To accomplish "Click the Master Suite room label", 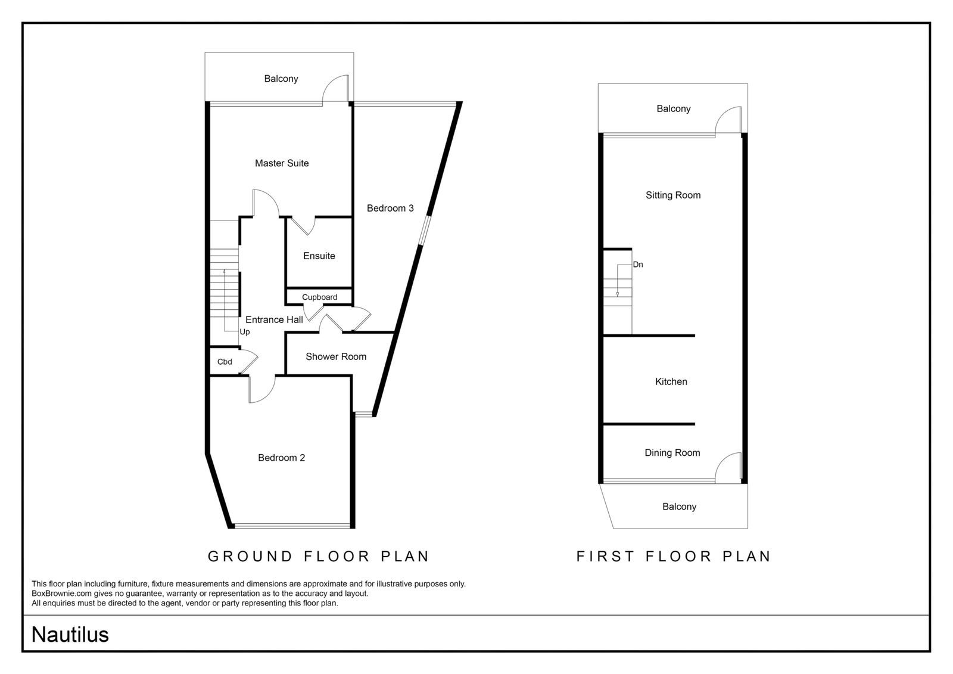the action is point(282,163).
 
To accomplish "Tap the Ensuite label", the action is point(319,256).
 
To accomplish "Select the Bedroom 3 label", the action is point(390,208).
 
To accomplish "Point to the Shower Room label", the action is point(336,357).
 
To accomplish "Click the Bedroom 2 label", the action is point(282,458).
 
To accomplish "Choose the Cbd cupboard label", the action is point(225,362).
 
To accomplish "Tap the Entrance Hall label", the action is point(275,320).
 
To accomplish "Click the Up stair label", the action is point(245,332).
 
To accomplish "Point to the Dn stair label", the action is point(638,265).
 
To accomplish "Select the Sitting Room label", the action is point(673,195).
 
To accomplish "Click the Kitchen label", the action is point(671,382).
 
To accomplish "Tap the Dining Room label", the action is point(672,453).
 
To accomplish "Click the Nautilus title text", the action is point(70,635).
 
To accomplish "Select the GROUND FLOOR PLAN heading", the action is point(319,557).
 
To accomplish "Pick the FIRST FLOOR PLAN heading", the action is point(674,557).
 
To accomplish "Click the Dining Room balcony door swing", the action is point(723,458).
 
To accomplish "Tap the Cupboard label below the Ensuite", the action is point(319,297).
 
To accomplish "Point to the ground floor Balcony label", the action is point(281,79).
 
